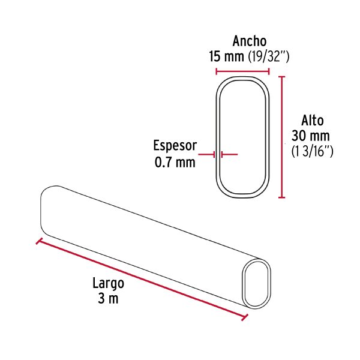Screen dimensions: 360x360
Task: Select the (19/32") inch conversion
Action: coord(268,57)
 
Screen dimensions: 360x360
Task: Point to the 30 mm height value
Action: coord(310,136)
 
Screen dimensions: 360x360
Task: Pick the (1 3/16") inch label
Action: coord(311,151)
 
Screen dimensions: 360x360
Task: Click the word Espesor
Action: coord(175,146)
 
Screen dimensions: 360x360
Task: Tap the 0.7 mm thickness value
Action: coord(175,162)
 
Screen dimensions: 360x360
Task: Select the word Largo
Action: coord(108,283)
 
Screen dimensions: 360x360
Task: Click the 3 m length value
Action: coord(108,299)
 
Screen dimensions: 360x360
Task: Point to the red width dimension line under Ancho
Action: coord(242,71)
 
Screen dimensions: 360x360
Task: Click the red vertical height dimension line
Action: coord(283,136)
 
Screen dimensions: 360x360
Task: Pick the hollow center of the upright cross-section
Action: coord(242,136)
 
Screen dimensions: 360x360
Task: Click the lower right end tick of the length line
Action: coord(244,317)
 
